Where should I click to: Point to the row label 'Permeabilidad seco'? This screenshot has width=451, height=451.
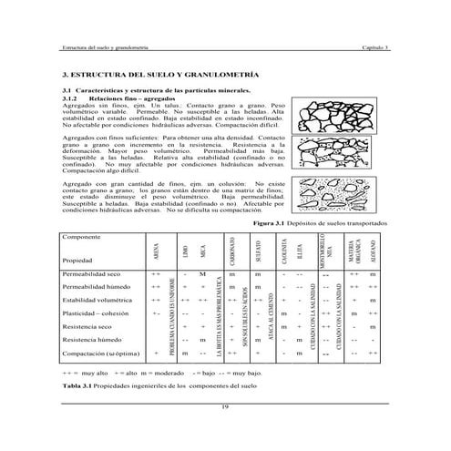click(x=92, y=273)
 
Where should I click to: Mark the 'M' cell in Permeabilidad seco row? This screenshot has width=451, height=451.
click(x=202, y=273)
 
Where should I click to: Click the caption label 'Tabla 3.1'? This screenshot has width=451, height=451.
click(x=79, y=385)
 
